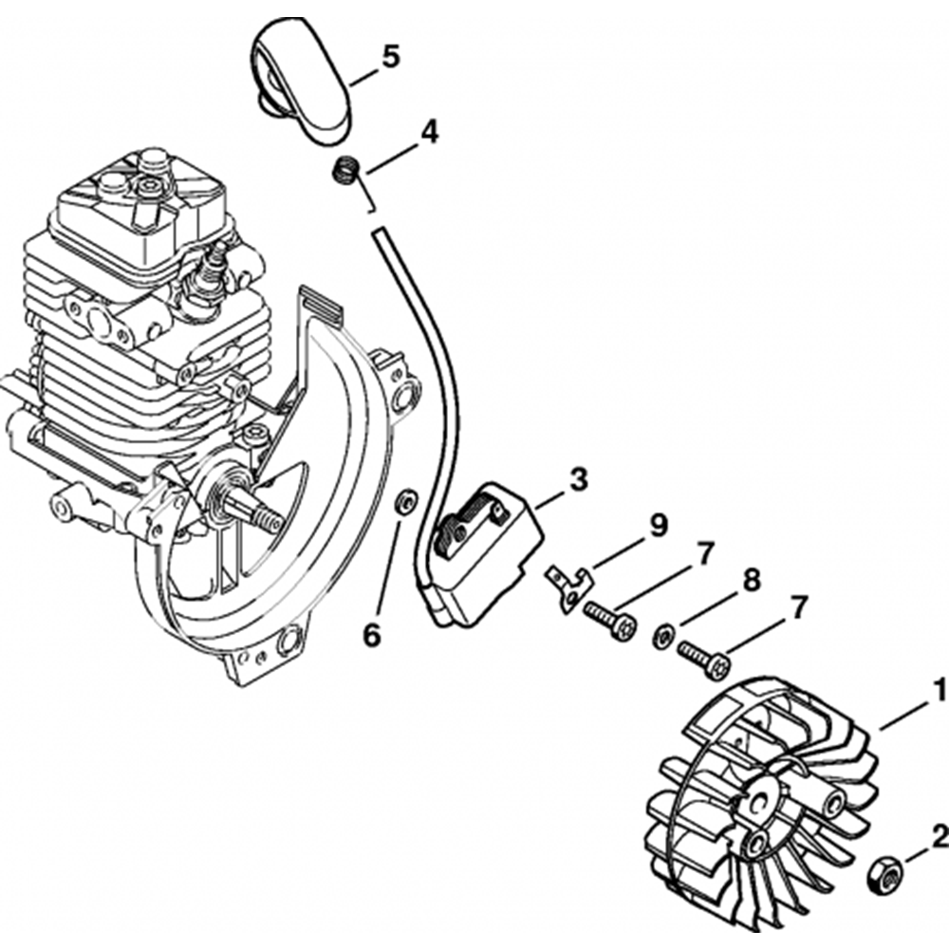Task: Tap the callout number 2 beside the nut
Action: tap(939, 836)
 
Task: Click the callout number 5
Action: tap(389, 57)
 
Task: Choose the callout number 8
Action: tap(751, 581)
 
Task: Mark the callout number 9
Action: tap(657, 525)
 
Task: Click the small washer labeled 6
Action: tap(405, 499)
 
